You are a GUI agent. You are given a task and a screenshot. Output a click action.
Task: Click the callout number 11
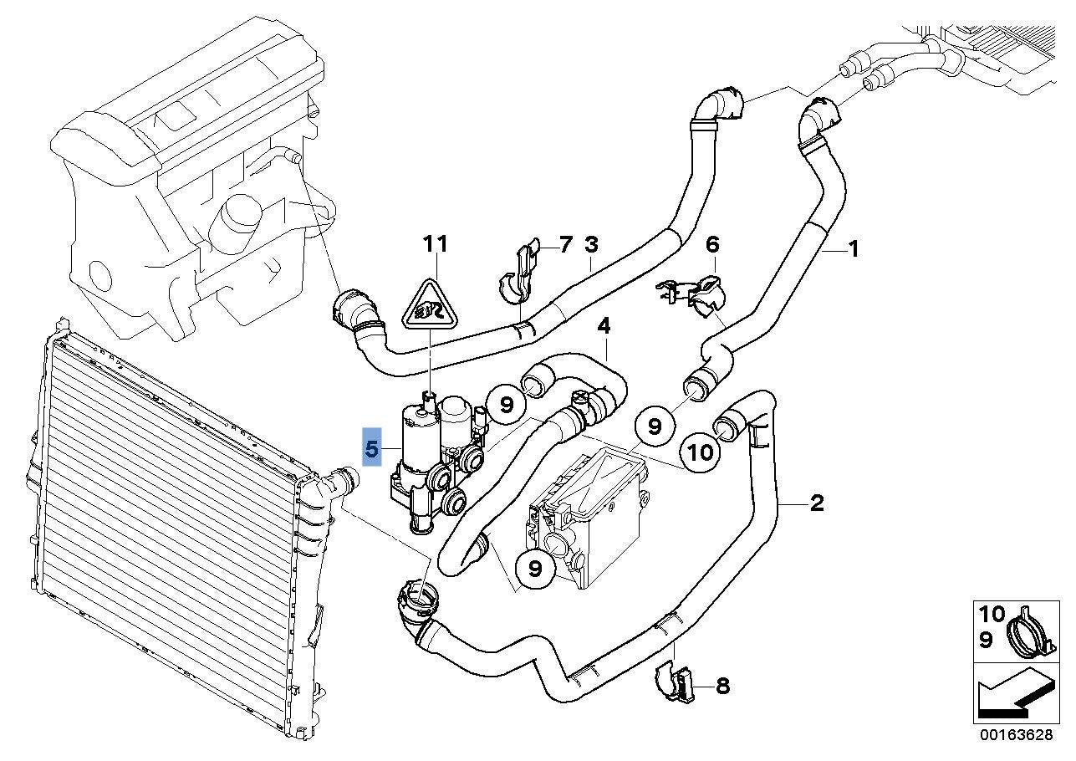click(435, 243)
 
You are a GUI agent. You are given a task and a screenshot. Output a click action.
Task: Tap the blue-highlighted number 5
click(372, 450)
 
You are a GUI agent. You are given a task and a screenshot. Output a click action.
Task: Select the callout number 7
click(565, 245)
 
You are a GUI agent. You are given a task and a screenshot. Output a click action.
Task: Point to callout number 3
click(591, 245)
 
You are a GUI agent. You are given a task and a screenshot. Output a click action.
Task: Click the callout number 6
click(711, 244)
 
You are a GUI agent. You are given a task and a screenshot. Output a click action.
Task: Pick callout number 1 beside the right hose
click(853, 248)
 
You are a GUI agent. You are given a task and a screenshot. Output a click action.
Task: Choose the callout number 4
click(604, 325)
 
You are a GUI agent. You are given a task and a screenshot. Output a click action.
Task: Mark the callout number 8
click(722, 687)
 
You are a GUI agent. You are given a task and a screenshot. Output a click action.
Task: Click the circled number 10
click(701, 452)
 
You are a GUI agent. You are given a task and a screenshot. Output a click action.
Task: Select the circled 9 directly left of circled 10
click(655, 426)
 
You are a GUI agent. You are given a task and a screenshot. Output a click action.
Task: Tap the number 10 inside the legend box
click(992, 613)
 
